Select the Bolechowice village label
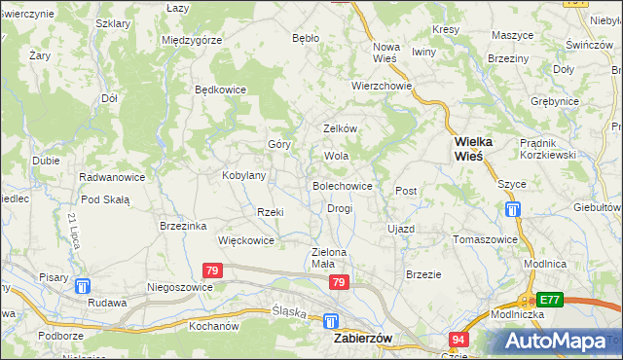(x=342, y=185)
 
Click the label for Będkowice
(x=221, y=90)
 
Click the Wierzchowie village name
(x=383, y=86)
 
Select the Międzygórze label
(x=193, y=40)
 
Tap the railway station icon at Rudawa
(x=83, y=286)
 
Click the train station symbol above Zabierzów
(x=331, y=320)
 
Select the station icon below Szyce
(x=513, y=209)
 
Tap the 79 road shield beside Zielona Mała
(x=338, y=282)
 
